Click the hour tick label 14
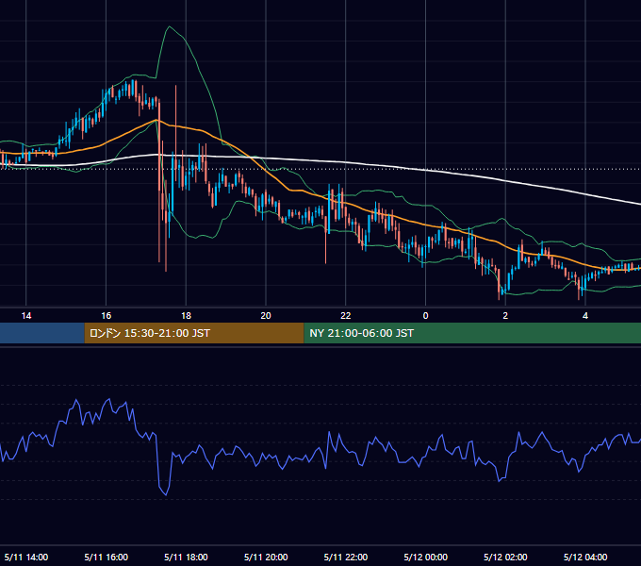click(26, 316)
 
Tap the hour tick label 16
click(106, 316)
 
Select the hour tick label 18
click(186, 316)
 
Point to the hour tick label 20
click(266, 316)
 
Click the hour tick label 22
click(346, 316)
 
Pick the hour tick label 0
click(425, 316)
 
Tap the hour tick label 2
click(505, 316)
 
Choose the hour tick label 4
click(585, 316)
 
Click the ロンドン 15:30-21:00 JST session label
click(150, 333)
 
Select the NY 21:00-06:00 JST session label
click(361, 333)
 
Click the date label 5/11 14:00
click(26, 557)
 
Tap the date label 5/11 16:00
click(106, 557)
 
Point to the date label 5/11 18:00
click(186, 557)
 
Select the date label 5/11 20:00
click(266, 557)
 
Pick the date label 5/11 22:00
click(346, 557)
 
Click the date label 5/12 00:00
click(425, 557)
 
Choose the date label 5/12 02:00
click(505, 557)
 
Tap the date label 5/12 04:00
click(585, 557)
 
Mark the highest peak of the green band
click(170, 26)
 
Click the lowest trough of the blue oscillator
click(166, 495)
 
